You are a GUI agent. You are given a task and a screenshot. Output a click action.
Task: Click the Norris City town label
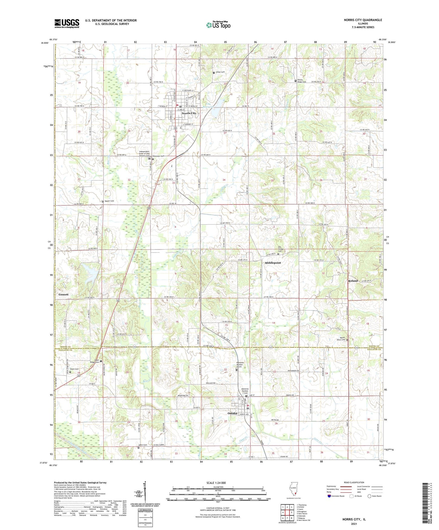(x=189, y=113)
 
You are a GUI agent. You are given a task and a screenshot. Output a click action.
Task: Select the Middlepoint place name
(x=273, y=263)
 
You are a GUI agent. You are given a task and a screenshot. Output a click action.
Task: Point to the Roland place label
(x=353, y=281)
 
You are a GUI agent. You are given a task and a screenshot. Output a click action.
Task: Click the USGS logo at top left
(x=67, y=23)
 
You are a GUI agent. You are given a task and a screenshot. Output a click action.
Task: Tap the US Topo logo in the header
(x=218, y=25)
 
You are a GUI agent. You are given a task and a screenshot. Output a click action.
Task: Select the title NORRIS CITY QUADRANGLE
(x=363, y=20)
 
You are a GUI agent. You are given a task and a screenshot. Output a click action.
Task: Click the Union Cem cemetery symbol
(x=214, y=73)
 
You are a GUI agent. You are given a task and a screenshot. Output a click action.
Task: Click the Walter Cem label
(x=109, y=201)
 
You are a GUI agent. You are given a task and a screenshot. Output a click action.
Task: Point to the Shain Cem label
(x=74, y=369)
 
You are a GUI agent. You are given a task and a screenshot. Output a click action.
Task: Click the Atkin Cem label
(x=143, y=445)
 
